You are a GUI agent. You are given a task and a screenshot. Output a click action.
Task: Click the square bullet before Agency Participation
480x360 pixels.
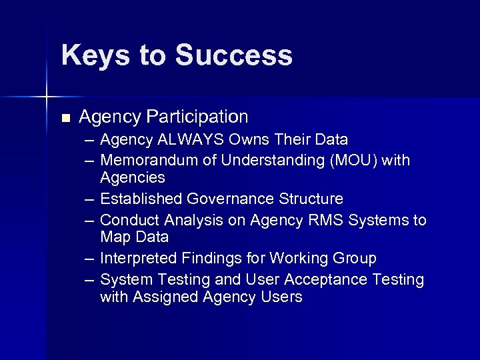click(x=65, y=118)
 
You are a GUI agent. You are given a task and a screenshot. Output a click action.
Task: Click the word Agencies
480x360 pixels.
click(x=132, y=178)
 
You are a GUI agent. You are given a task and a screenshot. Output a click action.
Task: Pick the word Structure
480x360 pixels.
click(x=310, y=199)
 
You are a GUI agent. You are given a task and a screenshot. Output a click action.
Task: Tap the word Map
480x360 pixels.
click(x=115, y=237)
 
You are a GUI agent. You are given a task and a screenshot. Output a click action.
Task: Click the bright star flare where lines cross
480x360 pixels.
click(x=46, y=97)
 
